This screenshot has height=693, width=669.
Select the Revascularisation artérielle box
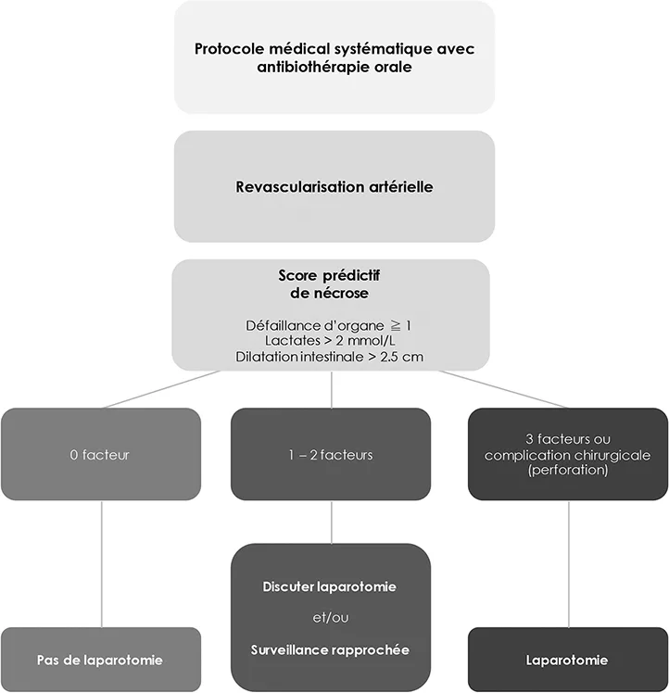click(x=334, y=186)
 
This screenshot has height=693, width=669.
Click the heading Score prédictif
click(x=329, y=275)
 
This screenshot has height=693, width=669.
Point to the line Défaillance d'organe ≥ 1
click(x=329, y=326)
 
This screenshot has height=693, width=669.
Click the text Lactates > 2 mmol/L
click(x=330, y=341)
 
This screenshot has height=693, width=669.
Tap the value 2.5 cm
click(x=401, y=357)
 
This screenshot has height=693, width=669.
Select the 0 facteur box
click(x=101, y=454)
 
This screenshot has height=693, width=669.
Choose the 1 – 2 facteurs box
click(x=331, y=454)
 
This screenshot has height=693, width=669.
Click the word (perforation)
click(x=568, y=470)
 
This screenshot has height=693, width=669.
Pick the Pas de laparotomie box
click(x=101, y=659)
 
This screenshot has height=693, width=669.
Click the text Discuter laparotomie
click(x=330, y=586)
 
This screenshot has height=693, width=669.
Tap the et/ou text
click(x=330, y=617)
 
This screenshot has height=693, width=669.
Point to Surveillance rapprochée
click(x=330, y=649)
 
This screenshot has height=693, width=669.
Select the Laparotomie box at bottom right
click(x=568, y=659)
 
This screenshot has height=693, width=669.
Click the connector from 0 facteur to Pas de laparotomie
click(x=102, y=564)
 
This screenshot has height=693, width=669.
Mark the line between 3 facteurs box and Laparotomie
click(x=569, y=564)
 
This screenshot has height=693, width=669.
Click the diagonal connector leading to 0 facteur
click(x=161, y=389)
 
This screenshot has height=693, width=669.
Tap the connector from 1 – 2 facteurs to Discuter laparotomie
click(x=331, y=522)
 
